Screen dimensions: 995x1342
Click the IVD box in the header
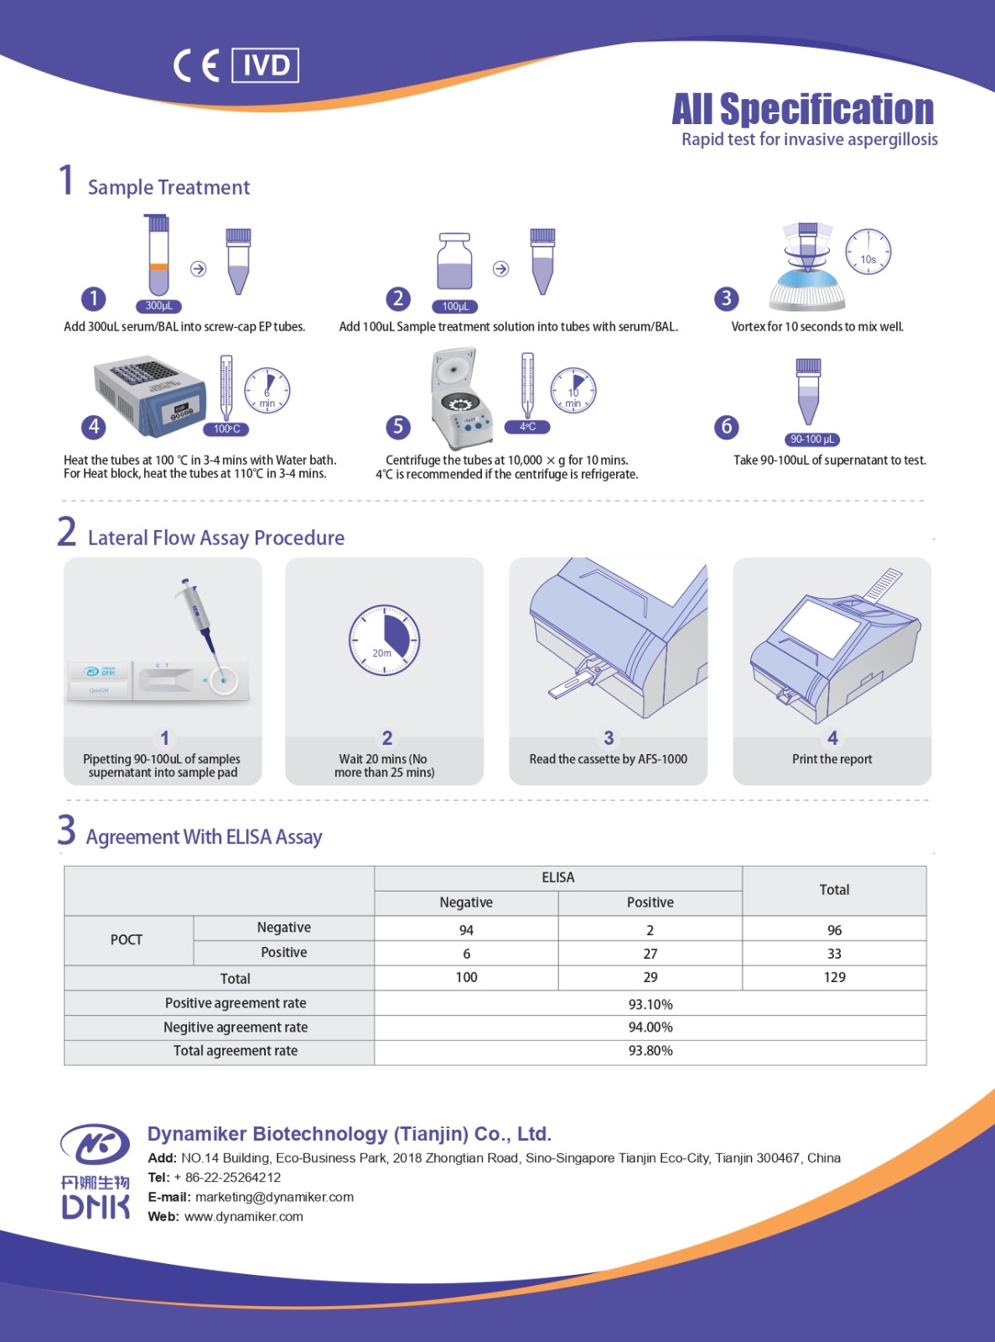tap(265, 65)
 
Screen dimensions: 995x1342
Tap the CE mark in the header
tap(196, 66)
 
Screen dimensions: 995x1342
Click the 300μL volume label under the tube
tap(158, 306)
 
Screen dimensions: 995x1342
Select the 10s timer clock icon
tap(868, 252)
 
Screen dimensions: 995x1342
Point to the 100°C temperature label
tap(226, 429)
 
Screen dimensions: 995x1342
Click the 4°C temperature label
tap(527, 427)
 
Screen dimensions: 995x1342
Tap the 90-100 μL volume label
tap(811, 440)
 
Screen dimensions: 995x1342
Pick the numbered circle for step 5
tap(398, 427)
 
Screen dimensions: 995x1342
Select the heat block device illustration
tap(150, 394)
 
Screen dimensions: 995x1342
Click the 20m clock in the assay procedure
tap(383, 640)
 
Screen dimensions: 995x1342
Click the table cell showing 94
tap(466, 930)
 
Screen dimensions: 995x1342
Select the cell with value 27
tap(650, 954)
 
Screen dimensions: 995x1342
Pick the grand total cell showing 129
tap(835, 977)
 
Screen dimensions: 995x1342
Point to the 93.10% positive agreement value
tap(650, 1004)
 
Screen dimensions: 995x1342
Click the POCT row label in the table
tap(127, 939)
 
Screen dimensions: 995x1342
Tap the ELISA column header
tap(558, 877)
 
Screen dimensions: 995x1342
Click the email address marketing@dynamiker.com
tap(275, 1197)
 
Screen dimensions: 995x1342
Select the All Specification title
tap(803, 109)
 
